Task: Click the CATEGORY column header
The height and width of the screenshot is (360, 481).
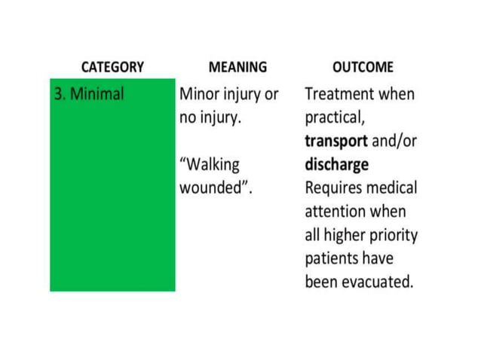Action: point(112,67)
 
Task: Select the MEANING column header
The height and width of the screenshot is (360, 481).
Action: point(237,67)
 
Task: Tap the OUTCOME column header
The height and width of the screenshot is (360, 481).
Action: point(363,67)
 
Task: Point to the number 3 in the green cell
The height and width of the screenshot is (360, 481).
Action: point(57,96)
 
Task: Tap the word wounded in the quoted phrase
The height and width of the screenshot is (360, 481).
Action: point(212,188)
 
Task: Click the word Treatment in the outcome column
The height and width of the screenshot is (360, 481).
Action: point(339,96)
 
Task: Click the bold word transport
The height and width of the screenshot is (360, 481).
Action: point(336,142)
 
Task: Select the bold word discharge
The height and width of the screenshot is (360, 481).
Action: point(336,164)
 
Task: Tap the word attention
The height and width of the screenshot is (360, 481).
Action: point(337,212)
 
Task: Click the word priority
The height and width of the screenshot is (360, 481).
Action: point(394,235)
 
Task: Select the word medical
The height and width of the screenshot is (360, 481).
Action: point(392,188)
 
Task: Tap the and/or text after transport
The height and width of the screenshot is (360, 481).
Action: point(394,142)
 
